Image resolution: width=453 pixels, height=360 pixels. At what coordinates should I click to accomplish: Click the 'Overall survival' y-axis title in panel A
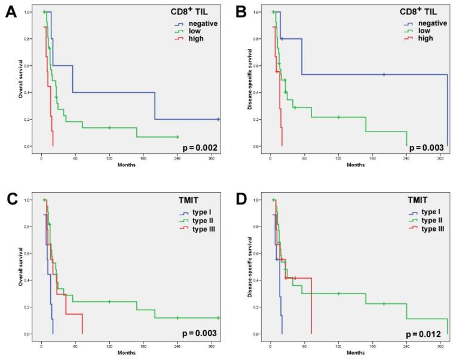20,78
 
